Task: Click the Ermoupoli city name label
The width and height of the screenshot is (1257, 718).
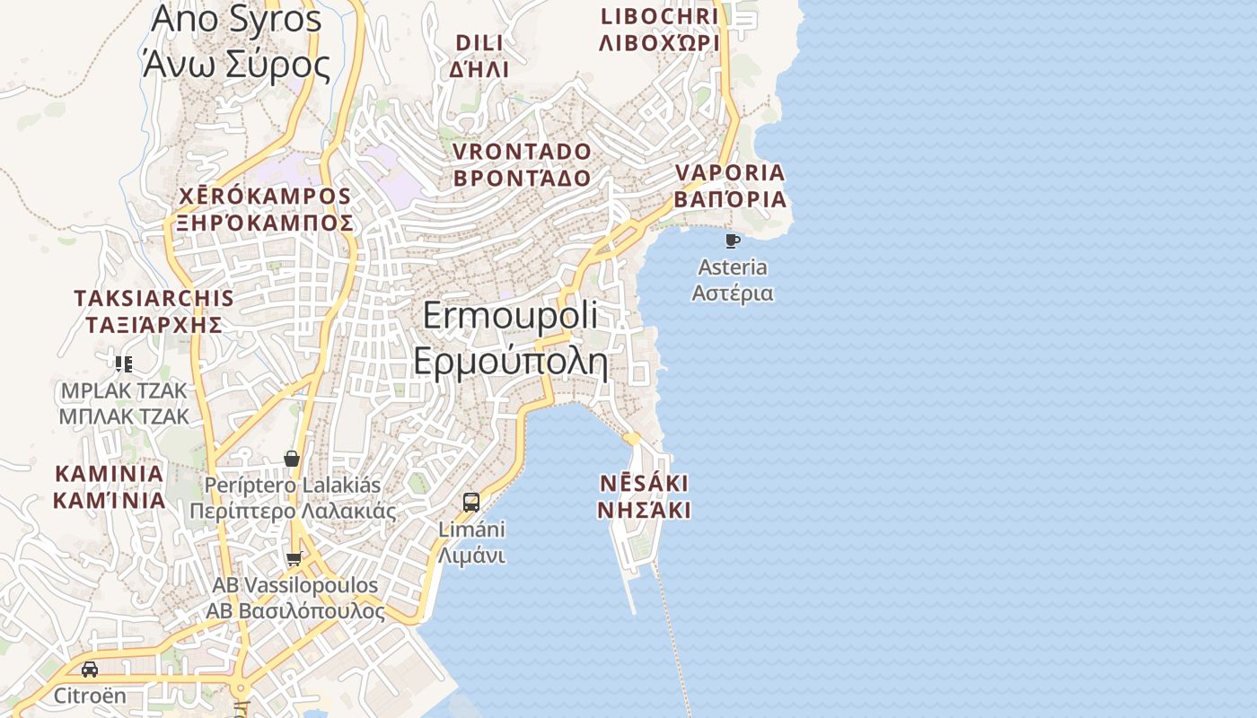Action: pos(510,338)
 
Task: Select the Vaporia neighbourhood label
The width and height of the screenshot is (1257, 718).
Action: pos(730,186)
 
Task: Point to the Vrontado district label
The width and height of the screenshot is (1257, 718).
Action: pos(522,164)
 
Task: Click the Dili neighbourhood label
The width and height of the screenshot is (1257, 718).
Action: pos(480,56)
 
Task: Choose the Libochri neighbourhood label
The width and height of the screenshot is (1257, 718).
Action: pos(660,29)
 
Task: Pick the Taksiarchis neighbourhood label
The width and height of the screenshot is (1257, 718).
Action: pos(154,311)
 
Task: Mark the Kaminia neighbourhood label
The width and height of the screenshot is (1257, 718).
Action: pos(110,486)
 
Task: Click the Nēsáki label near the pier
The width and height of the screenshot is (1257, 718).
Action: pos(645,496)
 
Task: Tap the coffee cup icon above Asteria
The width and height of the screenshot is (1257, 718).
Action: pos(732,241)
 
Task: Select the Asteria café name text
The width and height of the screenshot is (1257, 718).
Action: pos(733,280)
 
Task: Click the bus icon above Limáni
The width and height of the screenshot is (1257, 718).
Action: pos(471,502)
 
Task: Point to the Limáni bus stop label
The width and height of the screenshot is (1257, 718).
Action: pos(471,542)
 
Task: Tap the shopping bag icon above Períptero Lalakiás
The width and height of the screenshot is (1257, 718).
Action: pos(292,459)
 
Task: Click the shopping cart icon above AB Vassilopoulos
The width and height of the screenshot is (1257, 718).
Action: pos(294,559)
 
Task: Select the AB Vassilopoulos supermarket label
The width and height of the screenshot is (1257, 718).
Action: pos(295,598)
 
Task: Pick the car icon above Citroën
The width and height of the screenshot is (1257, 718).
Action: pos(90,670)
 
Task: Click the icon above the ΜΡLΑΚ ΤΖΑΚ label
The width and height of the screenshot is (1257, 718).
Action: pos(124,363)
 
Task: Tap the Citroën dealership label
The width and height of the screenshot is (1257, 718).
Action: pos(90,696)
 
